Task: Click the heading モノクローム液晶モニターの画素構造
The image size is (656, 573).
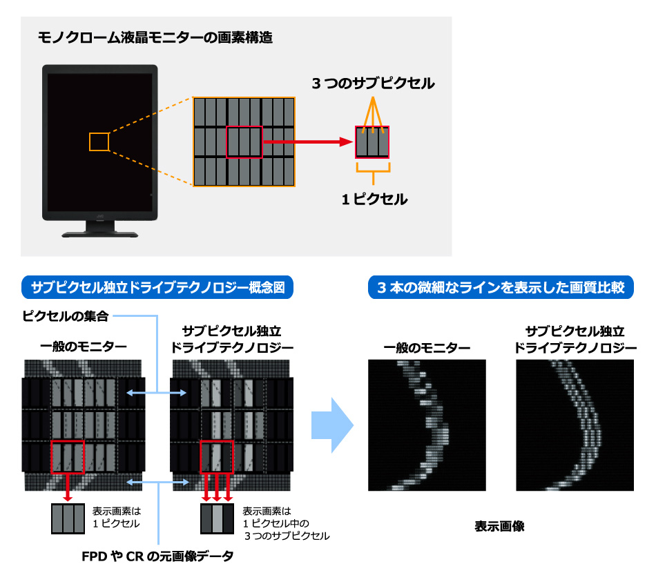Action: coord(155,38)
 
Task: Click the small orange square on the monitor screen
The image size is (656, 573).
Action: coord(99,142)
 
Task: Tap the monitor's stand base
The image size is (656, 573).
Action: coord(100,233)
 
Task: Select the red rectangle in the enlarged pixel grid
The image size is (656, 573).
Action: coord(244,142)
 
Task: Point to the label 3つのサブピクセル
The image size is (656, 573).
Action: coord(372,84)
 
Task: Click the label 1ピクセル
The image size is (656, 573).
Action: coord(374,200)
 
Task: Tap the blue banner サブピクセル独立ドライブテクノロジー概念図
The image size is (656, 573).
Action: coord(158,287)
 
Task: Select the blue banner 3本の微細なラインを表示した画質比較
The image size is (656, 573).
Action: coord(501,287)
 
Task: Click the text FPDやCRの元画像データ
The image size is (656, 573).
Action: coord(159,556)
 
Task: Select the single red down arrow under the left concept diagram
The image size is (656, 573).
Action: coord(68,487)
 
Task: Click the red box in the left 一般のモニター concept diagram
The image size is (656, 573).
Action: coord(68,456)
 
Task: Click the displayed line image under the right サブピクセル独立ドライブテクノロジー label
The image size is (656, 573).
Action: coord(575,425)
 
